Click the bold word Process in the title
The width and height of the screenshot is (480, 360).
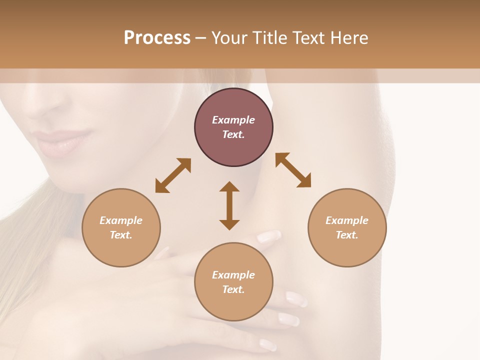click(x=157, y=38)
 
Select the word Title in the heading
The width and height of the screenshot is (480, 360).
click(x=269, y=38)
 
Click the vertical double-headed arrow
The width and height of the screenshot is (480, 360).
click(x=229, y=205)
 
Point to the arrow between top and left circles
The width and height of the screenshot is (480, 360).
click(x=173, y=175)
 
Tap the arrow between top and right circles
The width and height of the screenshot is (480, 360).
click(x=293, y=170)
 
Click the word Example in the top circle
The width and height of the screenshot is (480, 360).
click(x=233, y=120)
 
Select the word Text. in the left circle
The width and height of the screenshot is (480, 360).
click(x=121, y=235)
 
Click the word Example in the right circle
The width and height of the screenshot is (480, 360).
click(x=347, y=220)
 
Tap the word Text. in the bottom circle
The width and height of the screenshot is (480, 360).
click(x=233, y=289)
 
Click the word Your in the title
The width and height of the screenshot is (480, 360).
click(x=229, y=38)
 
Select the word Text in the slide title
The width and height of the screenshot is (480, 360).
click(x=309, y=38)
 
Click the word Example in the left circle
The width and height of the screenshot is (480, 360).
click(x=121, y=220)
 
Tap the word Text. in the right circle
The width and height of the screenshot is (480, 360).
click(x=347, y=235)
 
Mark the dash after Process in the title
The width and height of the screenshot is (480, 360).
click(x=201, y=38)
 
